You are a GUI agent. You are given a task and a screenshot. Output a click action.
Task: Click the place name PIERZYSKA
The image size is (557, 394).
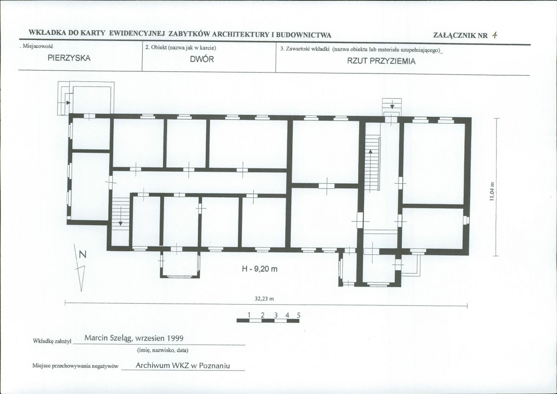[69, 58]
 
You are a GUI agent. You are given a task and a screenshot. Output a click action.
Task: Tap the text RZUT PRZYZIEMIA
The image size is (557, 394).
[381, 61]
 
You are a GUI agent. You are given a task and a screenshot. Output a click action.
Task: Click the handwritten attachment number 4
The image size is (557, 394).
[494, 35]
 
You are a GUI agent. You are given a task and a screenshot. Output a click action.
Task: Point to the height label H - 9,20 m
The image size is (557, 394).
[260, 269]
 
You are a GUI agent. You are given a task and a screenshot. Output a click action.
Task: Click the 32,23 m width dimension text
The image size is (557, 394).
[264, 299]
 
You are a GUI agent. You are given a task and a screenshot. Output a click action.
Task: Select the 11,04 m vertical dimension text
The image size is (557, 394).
[492, 192]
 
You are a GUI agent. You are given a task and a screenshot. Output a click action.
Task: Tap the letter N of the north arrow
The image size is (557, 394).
[83, 254]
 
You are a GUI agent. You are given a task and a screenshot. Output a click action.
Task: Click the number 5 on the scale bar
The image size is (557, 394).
[299, 315]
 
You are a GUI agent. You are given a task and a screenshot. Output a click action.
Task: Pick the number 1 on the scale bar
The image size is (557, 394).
[249, 315]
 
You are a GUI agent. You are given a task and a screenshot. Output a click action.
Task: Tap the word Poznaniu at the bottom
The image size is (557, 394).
[215, 366]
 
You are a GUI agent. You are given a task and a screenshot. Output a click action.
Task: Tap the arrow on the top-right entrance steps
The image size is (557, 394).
[392, 105]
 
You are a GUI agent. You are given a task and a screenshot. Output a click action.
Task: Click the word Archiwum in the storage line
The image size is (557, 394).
[152, 366]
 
